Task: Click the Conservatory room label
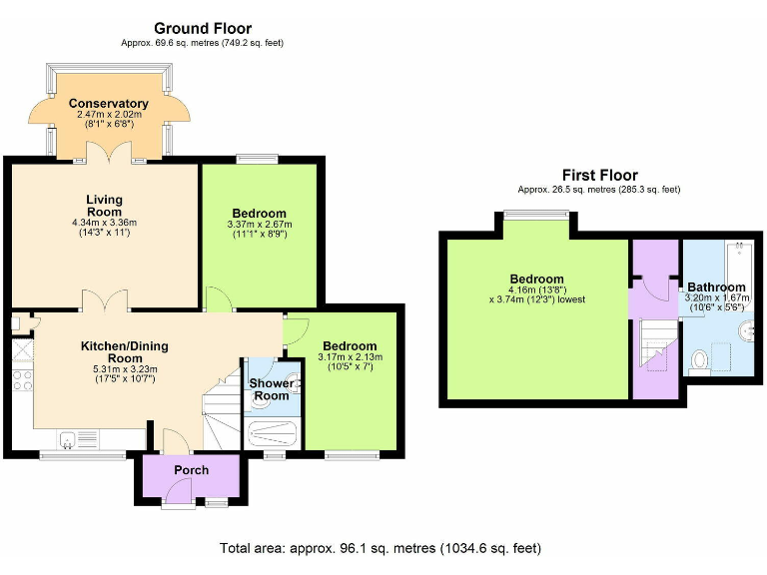(108, 104)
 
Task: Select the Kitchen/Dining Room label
(125, 352)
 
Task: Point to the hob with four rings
(21, 380)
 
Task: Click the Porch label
(191, 470)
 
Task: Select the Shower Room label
(270, 389)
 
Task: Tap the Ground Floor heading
(202, 28)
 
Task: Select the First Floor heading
(599, 175)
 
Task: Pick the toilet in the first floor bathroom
(699, 358)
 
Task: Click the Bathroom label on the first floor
(716, 287)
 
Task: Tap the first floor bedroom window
(536, 213)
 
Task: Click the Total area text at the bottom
(381, 549)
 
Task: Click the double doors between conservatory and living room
(104, 152)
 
